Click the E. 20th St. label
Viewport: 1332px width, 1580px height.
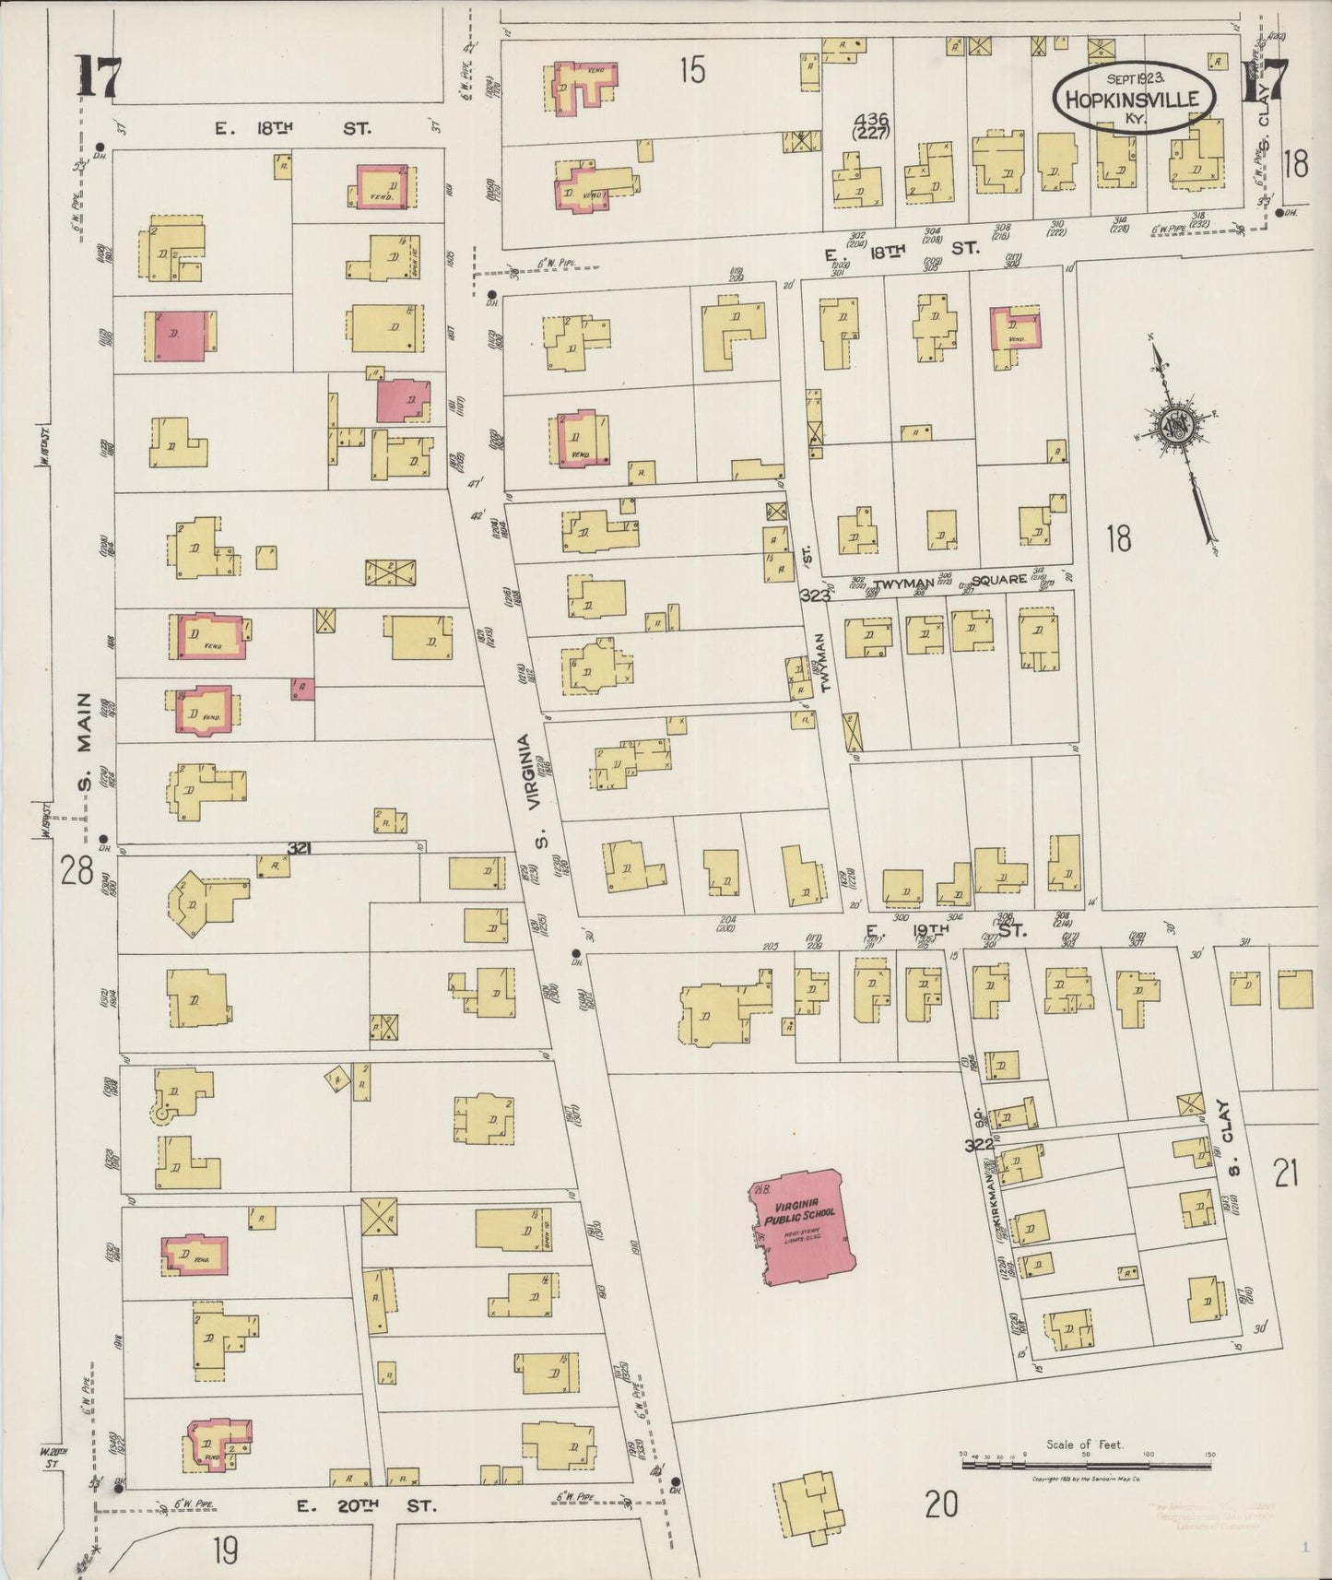click(364, 1505)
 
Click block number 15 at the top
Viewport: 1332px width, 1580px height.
click(691, 70)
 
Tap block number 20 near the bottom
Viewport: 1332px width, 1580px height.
click(940, 1504)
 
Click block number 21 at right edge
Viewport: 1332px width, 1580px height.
click(1286, 1173)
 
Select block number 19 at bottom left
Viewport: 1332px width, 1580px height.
click(224, 1550)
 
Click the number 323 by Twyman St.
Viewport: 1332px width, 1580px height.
click(816, 596)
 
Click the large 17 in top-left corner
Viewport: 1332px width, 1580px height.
click(97, 76)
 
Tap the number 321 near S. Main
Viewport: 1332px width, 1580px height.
click(299, 847)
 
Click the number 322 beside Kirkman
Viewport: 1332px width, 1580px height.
click(979, 1146)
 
